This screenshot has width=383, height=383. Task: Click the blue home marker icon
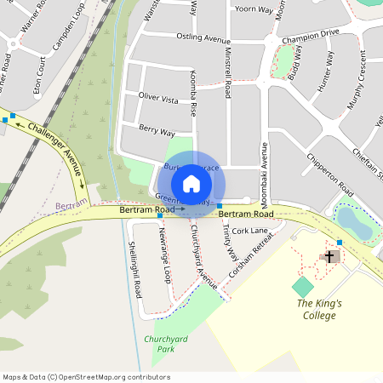[191, 184]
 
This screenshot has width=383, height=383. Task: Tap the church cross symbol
[329, 255]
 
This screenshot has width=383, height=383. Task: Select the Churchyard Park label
[165, 344]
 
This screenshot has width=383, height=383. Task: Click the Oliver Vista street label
[158, 100]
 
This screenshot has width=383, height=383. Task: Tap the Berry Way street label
[156, 132]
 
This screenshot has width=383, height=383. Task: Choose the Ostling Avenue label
[203, 39]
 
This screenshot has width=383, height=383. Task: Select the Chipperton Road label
[331, 172]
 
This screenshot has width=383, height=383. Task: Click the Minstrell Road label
[228, 72]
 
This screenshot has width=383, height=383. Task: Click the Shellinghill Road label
[134, 268]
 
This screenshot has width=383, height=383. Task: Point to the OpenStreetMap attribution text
[86, 376]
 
